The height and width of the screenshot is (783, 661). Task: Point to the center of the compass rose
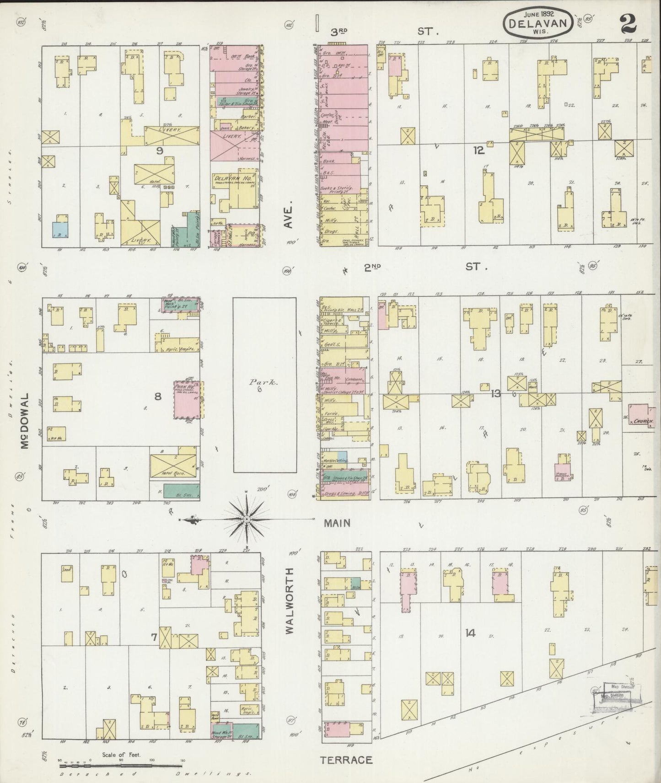(247, 519)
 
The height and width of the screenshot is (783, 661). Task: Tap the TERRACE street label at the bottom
(346, 760)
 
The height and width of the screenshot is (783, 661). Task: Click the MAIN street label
(338, 523)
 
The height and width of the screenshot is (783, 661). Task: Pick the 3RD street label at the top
(339, 32)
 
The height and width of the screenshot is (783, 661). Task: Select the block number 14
(471, 633)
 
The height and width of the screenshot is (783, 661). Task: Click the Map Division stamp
(618, 692)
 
